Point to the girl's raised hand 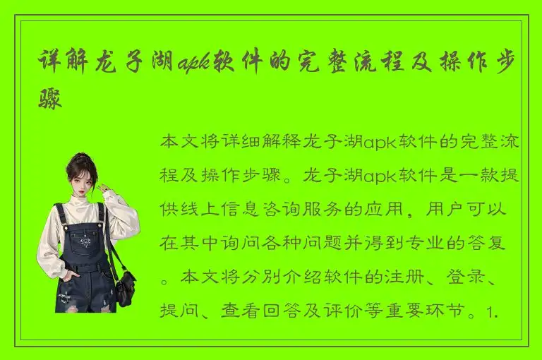tap(102, 188)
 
